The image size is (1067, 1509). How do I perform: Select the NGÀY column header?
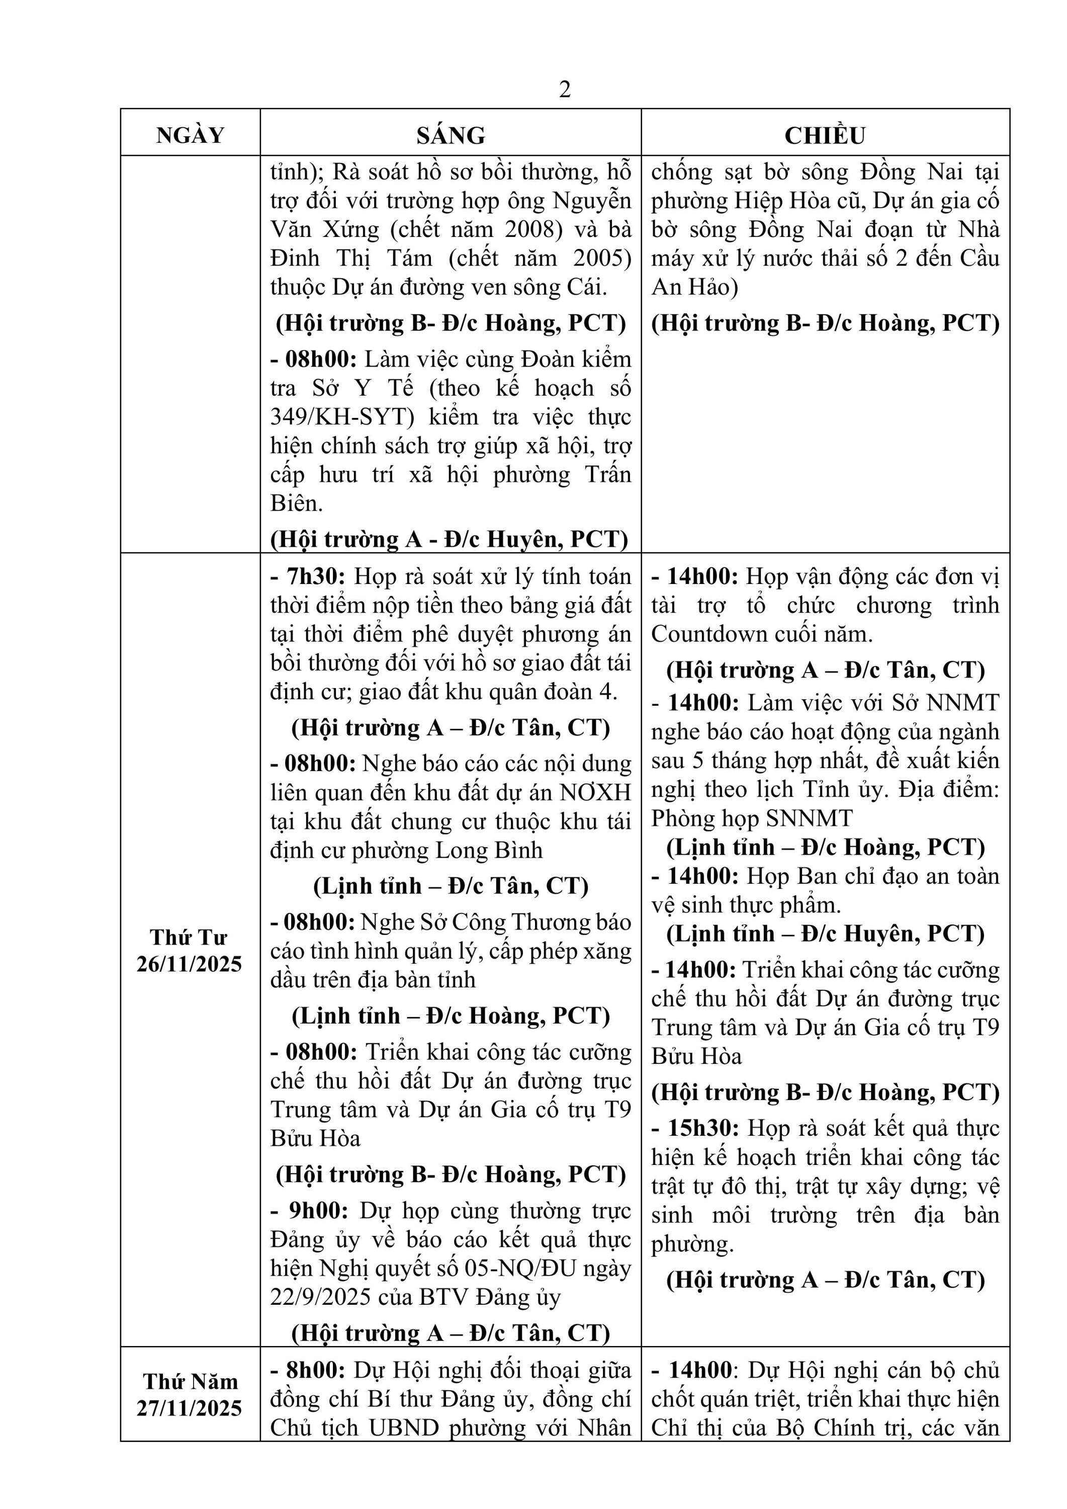click(190, 135)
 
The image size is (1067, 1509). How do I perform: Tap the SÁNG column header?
click(451, 135)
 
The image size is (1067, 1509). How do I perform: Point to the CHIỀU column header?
click(825, 135)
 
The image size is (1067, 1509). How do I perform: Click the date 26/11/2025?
click(189, 964)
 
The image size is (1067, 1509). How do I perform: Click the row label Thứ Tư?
click(189, 937)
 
